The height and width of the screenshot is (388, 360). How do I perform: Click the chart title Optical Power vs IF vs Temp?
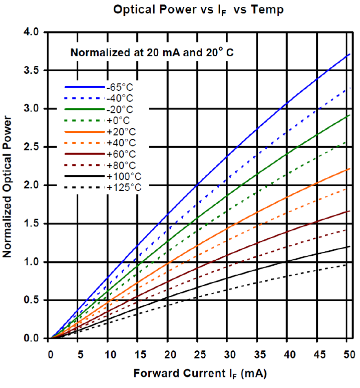[198, 10]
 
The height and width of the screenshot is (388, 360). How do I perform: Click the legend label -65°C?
[120, 87]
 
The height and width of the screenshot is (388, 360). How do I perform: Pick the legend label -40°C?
[120, 98]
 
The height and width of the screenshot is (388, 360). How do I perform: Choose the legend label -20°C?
[120, 109]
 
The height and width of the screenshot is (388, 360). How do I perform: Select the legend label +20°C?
[120, 131]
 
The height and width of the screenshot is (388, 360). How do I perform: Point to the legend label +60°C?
[120, 154]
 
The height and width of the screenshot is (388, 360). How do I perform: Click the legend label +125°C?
[122, 187]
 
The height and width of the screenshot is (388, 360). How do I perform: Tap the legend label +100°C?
[122, 176]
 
